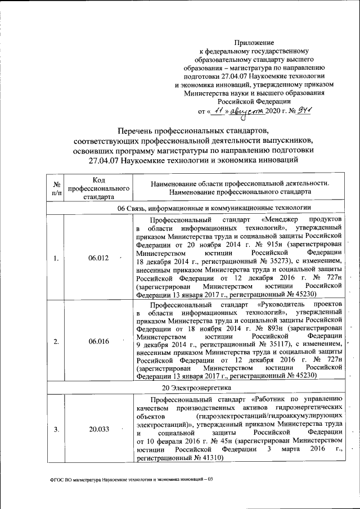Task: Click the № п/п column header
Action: pyautogui.click(x=56, y=187)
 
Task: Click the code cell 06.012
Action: pyautogui.click(x=99, y=258)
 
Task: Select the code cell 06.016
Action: pyautogui.click(x=99, y=341)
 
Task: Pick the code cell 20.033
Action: pyautogui.click(x=99, y=430)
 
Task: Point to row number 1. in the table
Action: pyautogui.click(x=56, y=258)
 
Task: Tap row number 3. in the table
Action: pyautogui.click(x=56, y=430)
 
